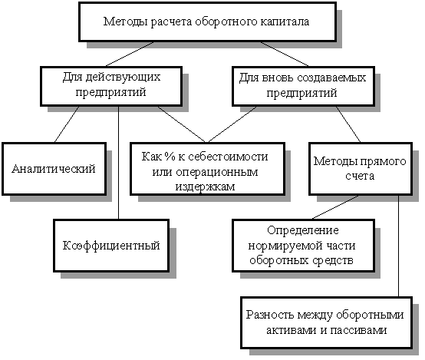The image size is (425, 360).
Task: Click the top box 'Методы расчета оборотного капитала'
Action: click(x=208, y=21)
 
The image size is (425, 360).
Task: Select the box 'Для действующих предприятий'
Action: click(x=111, y=86)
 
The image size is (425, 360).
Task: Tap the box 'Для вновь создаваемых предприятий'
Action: click(x=303, y=86)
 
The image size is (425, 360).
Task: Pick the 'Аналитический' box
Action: click(x=54, y=168)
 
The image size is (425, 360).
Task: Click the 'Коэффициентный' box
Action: click(x=111, y=246)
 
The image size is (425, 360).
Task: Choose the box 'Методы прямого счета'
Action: click(x=361, y=168)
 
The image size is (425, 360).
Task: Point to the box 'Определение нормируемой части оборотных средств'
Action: click(x=303, y=246)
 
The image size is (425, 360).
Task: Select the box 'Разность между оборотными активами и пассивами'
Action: click(x=326, y=322)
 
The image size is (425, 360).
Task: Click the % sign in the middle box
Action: click(x=170, y=157)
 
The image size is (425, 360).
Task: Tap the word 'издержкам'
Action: click(x=205, y=187)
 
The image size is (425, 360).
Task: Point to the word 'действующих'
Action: click(x=123, y=78)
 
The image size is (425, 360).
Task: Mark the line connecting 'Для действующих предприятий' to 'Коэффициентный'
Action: click(x=118, y=163)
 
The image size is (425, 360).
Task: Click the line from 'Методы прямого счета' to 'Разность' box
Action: click(x=398, y=246)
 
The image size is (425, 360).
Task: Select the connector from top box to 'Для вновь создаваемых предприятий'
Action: click(x=285, y=54)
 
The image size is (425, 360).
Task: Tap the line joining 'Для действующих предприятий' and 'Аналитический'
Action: click(x=67, y=124)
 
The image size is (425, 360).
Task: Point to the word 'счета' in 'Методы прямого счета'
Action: click(x=360, y=176)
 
